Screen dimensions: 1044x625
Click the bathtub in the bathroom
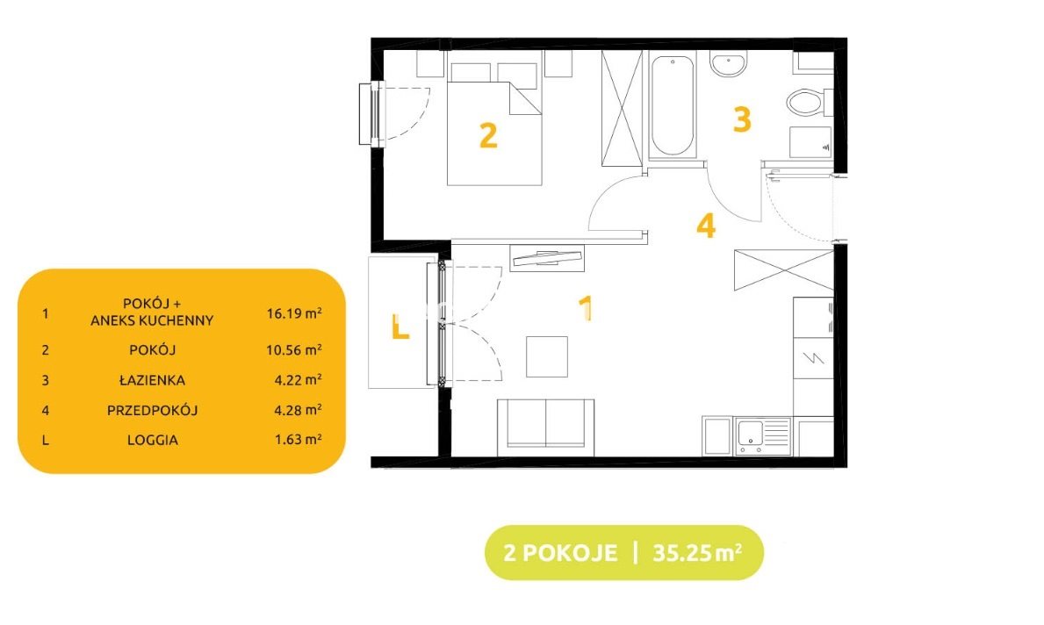673,106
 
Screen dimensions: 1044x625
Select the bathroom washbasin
728,64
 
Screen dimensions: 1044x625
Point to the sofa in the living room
545,427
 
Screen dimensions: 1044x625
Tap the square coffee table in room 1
547,356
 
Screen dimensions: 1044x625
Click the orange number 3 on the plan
742,119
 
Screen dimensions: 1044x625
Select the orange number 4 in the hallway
706,226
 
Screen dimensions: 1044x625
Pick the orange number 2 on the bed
488,135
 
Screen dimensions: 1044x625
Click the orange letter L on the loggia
400,327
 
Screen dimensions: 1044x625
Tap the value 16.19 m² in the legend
294,312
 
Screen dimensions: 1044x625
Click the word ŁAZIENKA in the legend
153,380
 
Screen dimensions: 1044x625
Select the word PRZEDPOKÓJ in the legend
153,410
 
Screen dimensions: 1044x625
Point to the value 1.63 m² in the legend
299,439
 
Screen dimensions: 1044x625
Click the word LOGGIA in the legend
153,440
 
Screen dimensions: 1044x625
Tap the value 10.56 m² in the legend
294,349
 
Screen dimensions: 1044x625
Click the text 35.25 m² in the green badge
697,552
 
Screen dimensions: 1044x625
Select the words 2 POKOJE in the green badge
560,553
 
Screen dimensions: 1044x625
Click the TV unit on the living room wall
547,258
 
